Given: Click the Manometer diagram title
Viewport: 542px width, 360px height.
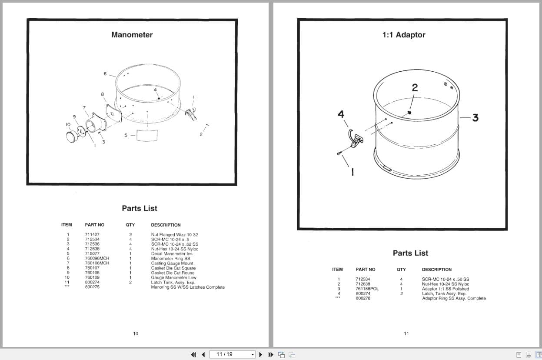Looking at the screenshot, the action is pyautogui.click(x=132, y=35).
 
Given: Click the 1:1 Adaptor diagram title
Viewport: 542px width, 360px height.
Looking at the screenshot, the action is pyautogui.click(x=404, y=35).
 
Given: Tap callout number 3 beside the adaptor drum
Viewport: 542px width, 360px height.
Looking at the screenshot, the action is pyautogui.click(x=475, y=118).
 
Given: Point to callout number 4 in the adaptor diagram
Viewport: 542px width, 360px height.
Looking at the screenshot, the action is pyautogui.click(x=341, y=114).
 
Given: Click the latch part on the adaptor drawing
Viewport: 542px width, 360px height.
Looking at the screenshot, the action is pyautogui.click(x=356, y=139).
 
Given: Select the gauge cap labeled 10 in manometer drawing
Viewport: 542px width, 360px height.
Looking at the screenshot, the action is pyautogui.click(x=72, y=137).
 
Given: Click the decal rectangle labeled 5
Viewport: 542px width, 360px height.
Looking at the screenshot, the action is pyautogui.click(x=147, y=135).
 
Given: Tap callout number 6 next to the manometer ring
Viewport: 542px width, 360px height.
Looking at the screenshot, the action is pyautogui.click(x=105, y=73).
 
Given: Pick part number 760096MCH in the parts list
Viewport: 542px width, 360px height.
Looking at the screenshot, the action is pyautogui.click(x=97, y=258).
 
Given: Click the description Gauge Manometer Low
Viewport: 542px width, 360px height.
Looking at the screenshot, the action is pyautogui.click(x=173, y=277).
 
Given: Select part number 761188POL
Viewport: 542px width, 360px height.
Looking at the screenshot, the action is pyautogui.click(x=367, y=289).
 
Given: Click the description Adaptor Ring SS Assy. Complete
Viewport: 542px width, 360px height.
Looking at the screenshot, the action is pyautogui.click(x=454, y=298).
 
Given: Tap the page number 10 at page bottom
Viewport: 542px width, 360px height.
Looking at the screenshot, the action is pyautogui.click(x=136, y=333).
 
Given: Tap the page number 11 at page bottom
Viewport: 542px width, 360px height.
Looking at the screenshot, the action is pyautogui.click(x=406, y=333).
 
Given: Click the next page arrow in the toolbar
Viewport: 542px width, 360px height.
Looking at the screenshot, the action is pyautogui.click(x=261, y=355).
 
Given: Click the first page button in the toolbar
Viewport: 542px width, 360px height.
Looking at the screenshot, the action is pyautogui.click(x=193, y=355).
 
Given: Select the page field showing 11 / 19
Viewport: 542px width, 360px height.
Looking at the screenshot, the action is pyautogui.click(x=232, y=354).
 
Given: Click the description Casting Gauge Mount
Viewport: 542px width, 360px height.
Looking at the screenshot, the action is pyautogui.click(x=172, y=263).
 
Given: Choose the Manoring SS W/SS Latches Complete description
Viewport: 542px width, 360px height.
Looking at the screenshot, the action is pyautogui.click(x=188, y=287).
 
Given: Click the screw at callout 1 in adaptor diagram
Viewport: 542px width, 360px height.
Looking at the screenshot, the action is pyautogui.click(x=339, y=153).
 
